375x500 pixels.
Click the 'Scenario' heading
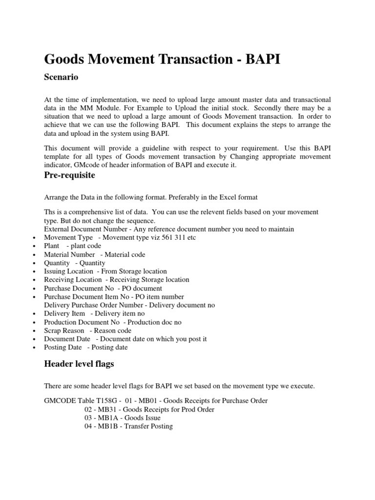click(61, 77)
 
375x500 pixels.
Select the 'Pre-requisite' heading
click(69, 175)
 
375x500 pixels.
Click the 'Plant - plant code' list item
click(72, 246)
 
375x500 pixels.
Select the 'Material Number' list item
click(94, 254)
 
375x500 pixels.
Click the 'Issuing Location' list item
click(105, 271)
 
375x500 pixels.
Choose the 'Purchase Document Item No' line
click(114, 296)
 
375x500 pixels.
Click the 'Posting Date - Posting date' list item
click(85, 347)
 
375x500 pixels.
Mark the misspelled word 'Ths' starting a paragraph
click(49, 212)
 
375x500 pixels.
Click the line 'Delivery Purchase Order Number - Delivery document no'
click(129, 305)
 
